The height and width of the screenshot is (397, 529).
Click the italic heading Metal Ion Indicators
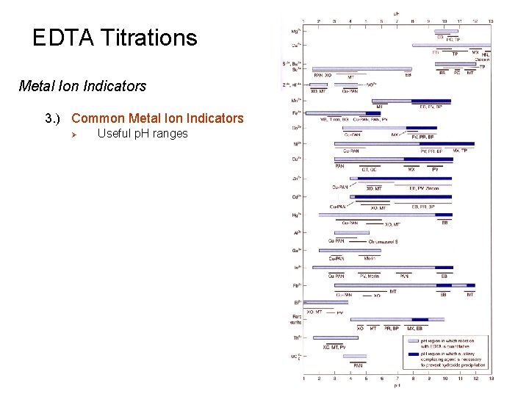pos(82,87)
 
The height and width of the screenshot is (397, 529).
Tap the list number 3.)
pos(55,118)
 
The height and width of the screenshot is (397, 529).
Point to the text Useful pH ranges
pos(143,133)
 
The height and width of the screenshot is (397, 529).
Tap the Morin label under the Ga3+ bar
pos(370,258)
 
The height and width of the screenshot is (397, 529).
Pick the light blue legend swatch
pos(413,342)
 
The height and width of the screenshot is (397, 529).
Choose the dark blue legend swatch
pos(413,354)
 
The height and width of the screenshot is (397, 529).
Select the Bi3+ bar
pos(325,302)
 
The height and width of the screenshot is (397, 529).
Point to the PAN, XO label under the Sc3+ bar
pos(323,75)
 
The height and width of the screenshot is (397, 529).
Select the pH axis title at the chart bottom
pos(397,385)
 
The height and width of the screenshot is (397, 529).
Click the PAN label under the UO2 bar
pos(358,365)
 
